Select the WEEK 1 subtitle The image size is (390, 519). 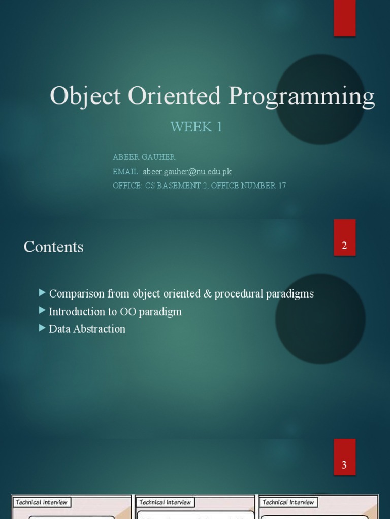pyautogui.click(x=196, y=127)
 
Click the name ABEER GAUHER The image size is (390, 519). pyautogui.click(x=144, y=157)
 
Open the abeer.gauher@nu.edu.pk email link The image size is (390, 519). pyautogui.click(x=187, y=171)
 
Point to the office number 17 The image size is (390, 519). pyautogui.click(x=282, y=186)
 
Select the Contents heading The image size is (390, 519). pyautogui.click(x=53, y=247)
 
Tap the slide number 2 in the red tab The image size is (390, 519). pyautogui.click(x=344, y=246)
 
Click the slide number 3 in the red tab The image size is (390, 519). pyautogui.click(x=344, y=465)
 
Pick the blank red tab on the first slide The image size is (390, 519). pyautogui.click(x=344, y=18)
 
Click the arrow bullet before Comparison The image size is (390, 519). pyautogui.click(x=42, y=293)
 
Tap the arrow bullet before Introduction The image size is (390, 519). pyautogui.click(x=42, y=311)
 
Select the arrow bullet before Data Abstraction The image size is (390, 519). pyautogui.click(x=42, y=328)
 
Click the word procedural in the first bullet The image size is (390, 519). pyautogui.click(x=238, y=294)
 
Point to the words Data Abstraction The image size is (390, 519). pyautogui.click(x=87, y=329)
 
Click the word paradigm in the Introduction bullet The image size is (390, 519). pyautogui.click(x=160, y=312)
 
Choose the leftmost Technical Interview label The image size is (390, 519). pyautogui.click(x=41, y=502)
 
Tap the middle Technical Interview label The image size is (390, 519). pyautogui.click(x=165, y=502)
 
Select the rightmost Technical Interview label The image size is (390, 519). pyautogui.click(x=288, y=502)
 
